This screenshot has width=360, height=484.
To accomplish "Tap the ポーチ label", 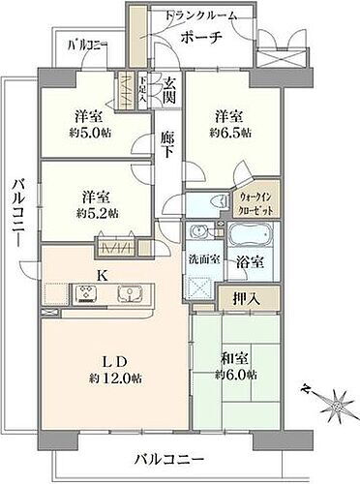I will pos(204,37).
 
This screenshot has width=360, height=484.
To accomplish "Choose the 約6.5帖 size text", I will pos(233,131).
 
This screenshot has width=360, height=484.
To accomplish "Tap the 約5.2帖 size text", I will pos(99,212).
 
